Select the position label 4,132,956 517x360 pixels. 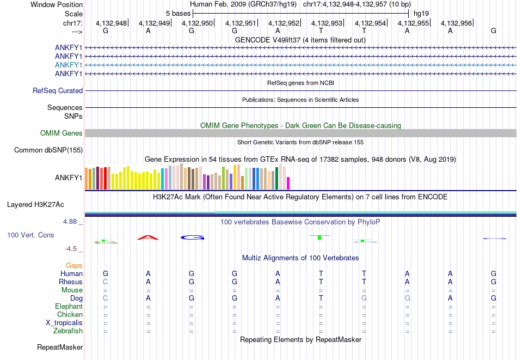[x=456, y=23]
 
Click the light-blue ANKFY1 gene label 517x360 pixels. [x=69, y=65]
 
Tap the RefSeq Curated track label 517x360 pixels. [x=58, y=91]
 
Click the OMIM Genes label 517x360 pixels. [x=61, y=133]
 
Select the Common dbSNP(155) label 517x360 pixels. [x=48, y=150]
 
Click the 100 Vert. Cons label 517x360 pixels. [x=30, y=235]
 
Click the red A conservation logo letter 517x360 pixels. [x=148, y=237]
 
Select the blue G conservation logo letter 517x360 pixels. [x=192, y=237]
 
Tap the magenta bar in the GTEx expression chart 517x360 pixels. [x=288, y=183]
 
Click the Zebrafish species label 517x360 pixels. [x=68, y=331]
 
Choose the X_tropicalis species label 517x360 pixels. [x=64, y=323]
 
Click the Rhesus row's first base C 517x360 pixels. [x=106, y=282]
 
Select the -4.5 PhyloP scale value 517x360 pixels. [x=71, y=249]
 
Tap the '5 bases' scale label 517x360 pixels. [x=178, y=13]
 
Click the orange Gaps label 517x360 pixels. [x=75, y=265]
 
